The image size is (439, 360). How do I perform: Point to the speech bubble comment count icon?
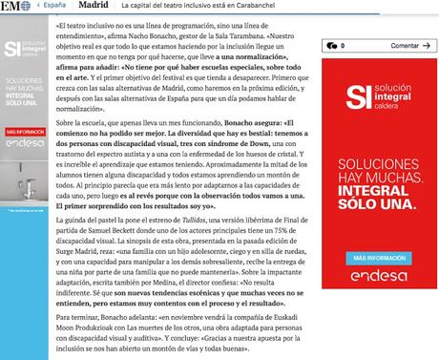[328, 45]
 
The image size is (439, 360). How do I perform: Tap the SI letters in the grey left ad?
[11, 48]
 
